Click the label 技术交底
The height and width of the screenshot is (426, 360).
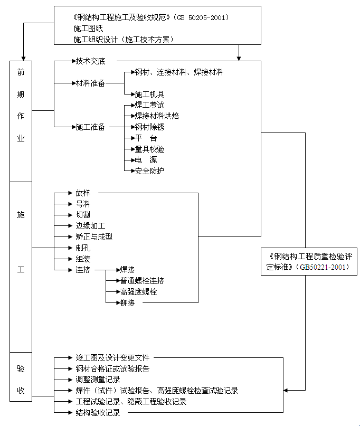(x=90, y=61)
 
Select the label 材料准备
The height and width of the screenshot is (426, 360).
(x=90, y=83)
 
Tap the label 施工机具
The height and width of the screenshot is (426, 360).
(x=149, y=94)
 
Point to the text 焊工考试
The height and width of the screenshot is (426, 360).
(x=149, y=105)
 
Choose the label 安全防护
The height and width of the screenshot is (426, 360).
(x=149, y=171)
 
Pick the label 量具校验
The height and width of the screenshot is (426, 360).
(x=149, y=149)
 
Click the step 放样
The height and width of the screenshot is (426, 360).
(x=83, y=193)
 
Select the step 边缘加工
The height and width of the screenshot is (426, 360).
(x=90, y=226)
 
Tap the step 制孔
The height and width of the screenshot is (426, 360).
(x=83, y=248)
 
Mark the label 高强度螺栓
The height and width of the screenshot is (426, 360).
(x=138, y=291)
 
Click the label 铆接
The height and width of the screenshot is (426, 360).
(x=127, y=302)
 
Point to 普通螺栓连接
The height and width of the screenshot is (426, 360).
(x=142, y=280)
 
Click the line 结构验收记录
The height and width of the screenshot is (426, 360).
(x=98, y=413)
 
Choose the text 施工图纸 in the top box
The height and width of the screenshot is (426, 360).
(x=88, y=29)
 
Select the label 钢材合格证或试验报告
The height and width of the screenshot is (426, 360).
(x=112, y=369)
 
